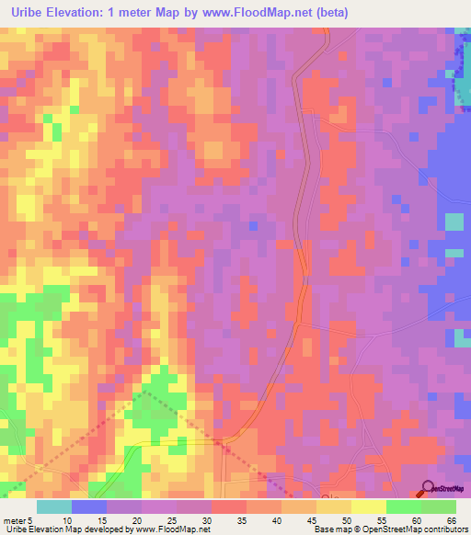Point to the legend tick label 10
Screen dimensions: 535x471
click(x=67, y=519)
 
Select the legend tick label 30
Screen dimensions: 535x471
click(x=208, y=519)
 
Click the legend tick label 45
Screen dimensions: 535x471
click(x=313, y=519)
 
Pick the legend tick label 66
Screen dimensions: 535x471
click(x=451, y=519)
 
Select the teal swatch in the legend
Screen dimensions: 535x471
click(x=54, y=507)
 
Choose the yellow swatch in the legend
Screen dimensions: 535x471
click(x=369, y=507)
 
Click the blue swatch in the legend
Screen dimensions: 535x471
click(x=89, y=507)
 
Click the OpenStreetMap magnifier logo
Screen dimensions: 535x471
click(x=429, y=488)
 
